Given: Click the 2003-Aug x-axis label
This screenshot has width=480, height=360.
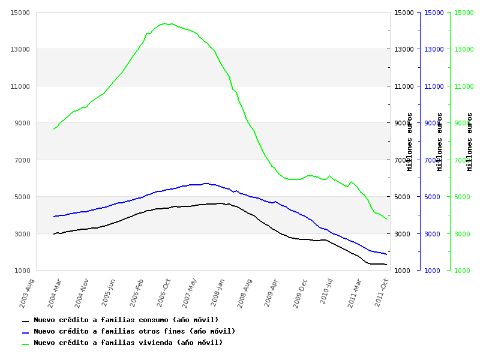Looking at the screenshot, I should pyautogui.click(x=27, y=292).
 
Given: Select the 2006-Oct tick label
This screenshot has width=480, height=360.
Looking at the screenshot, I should pyautogui.click(x=164, y=292).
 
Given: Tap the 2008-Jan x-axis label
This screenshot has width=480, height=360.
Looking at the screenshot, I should pyautogui.click(x=217, y=292).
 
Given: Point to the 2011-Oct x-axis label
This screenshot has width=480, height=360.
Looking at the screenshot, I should pyautogui.click(x=382, y=292).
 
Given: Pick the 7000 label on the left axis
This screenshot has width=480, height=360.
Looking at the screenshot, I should pyautogui.click(x=22, y=160).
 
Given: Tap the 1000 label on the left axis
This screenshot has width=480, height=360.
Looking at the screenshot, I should pyautogui.click(x=22, y=271).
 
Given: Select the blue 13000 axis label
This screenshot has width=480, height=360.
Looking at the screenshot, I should pyautogui.click(x=433, y=49).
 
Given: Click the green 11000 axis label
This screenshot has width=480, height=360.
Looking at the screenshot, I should pyautogui.click(x=463, y=86).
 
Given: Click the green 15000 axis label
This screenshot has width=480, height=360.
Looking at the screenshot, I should pyautogui.click(x=463, y=13).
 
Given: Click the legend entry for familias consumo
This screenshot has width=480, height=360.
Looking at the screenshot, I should pyautogui.click(x=126, y=320).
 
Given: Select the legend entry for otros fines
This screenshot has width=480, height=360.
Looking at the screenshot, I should pyautogui.click(x=134, y=332).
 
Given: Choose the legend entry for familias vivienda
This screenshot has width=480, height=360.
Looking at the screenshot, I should pyautogui.click(x=128, y=343).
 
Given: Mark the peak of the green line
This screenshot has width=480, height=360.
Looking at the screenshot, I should pyautogui.click(x=164, y=23).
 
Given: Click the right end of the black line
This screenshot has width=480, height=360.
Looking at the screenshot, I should pyautogui.click(x=386, y=265).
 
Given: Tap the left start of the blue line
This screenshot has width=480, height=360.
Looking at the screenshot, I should pyautogui.click(x=53, y=217).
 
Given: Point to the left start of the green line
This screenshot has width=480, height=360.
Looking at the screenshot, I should pyautogui.click(x=53, y=129).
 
